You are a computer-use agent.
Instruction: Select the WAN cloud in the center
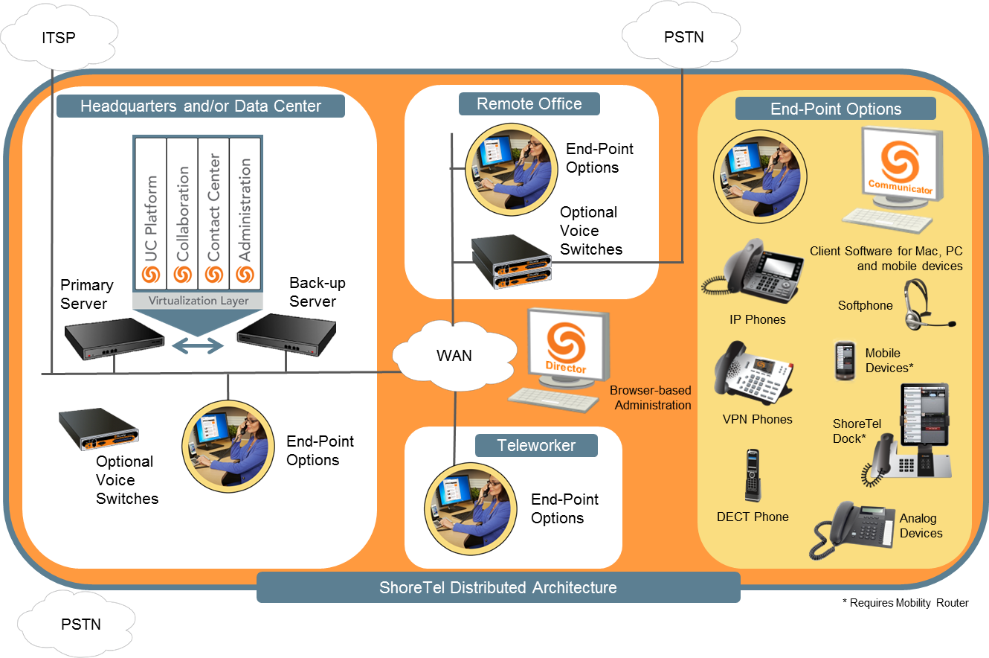(454, 355)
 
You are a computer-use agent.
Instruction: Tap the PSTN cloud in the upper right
(683, 36)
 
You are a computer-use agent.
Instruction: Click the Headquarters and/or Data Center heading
(201, 106)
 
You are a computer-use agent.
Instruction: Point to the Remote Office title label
(529, 103)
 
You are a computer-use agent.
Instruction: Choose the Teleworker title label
(536, 445)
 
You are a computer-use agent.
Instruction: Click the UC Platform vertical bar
(151, 216)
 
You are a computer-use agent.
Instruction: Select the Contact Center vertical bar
(213, 216)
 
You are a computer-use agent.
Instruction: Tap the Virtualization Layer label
(198, 301)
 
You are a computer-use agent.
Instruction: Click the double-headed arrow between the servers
(198, 345)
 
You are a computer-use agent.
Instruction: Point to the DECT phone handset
(753, 476)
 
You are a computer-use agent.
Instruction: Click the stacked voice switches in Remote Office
(511, 261)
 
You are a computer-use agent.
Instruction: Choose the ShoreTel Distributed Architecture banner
(498, 587)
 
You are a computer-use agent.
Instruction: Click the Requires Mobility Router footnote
(905, 603)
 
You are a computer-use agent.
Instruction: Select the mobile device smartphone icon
(843, 361)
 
